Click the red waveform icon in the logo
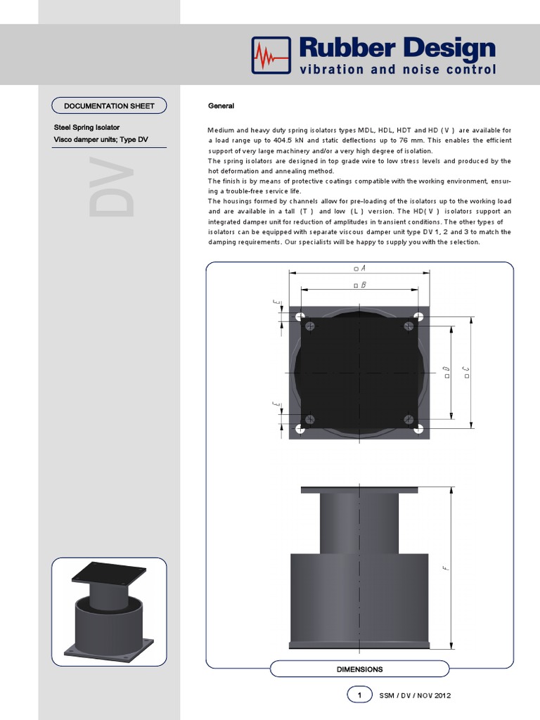pos(271,55)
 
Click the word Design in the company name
pos(446,49)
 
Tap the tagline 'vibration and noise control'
pos(398,70)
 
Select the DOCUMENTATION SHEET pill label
pos(109,106)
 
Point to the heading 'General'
pos(221,106)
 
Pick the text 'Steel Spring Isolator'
pos(86,128)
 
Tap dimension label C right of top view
pos(466,372)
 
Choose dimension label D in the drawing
pos(446,372)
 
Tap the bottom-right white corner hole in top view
pos(418,427)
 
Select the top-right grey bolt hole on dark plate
pos(409,326)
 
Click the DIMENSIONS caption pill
pos(359,669)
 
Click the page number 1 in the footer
pos(359,695)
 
